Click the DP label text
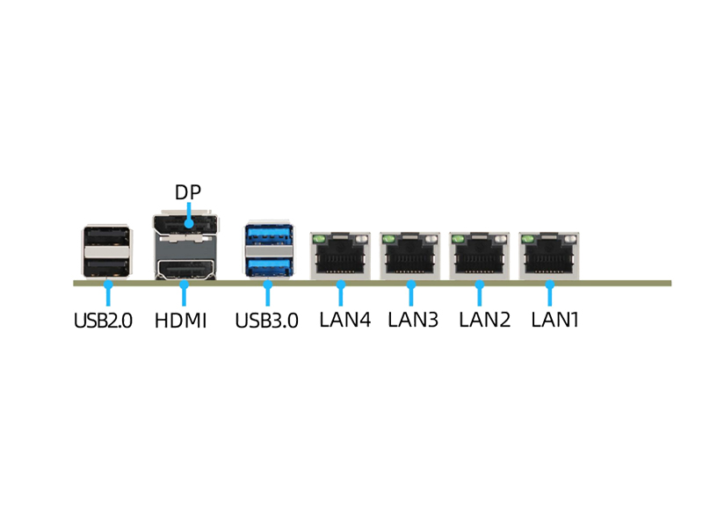pos(188,192)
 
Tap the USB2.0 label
pos(103,321)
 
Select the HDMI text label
pos(181,321)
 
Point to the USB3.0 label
pos(266,321)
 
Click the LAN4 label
pos(344,320)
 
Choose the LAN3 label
pos(413,320)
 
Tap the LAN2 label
pos(484,320)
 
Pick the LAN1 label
pos(555,320)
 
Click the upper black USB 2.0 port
pos(106,238)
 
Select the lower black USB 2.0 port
pos(106,266)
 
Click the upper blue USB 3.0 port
pos(268,235)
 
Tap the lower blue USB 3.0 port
pos(268,265)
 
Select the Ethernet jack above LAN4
pos(340,257)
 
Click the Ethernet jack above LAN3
pos(409,257)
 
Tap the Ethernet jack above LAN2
pos(479,257)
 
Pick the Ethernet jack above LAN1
pos(549,257)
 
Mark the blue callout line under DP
pos(189,214)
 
